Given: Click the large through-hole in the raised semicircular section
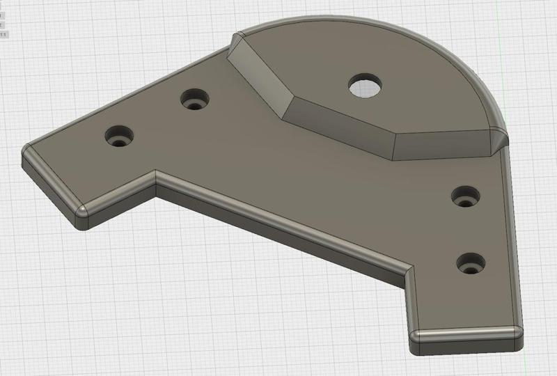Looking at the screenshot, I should [x=364, y=86].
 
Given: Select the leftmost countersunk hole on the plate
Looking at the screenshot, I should [x=120, y=135].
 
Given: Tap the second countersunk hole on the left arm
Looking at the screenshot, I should [x=195, y=101].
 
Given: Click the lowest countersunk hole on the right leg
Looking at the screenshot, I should [x=471, y=263].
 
